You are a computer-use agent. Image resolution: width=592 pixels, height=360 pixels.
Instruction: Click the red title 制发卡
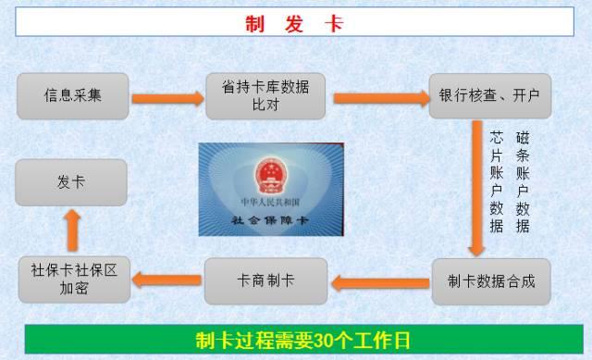294,24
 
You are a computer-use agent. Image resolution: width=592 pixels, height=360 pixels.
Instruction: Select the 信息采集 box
73,96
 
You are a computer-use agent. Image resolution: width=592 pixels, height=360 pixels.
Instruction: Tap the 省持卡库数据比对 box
265,96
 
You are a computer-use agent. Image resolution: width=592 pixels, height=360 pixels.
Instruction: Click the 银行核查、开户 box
490,96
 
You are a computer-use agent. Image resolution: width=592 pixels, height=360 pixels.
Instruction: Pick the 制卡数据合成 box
491,281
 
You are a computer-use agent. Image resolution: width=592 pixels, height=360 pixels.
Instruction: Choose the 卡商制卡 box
265,281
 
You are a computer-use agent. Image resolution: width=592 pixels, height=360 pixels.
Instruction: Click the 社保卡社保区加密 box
74,279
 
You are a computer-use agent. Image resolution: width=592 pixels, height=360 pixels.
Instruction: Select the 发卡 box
71,182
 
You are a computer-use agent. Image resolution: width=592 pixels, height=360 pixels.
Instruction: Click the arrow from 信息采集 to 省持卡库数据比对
167,99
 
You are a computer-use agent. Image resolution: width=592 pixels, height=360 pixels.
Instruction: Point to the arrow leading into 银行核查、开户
381,99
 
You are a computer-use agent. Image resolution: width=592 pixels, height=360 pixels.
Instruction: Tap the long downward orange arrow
477,188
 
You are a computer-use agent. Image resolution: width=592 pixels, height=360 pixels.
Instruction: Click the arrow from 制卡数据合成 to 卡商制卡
380,283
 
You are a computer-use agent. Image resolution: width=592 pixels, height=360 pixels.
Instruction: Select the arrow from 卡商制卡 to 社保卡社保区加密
166,279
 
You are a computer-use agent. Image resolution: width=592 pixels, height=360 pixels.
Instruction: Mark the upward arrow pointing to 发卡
72,230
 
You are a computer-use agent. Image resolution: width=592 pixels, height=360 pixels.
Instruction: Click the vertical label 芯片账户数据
497,182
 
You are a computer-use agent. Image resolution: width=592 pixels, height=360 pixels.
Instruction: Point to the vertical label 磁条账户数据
523,182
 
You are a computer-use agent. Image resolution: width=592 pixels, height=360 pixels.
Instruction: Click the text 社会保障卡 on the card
270,220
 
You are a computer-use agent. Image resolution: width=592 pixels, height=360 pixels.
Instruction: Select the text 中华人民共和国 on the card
270,202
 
